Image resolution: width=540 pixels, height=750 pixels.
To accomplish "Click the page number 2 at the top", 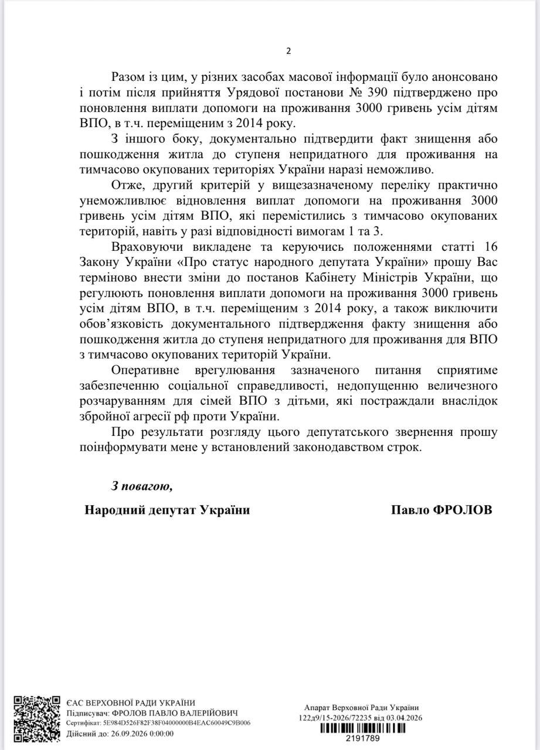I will (x=288, y=51).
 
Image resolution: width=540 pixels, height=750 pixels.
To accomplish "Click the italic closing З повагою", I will (x=142, y=486).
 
